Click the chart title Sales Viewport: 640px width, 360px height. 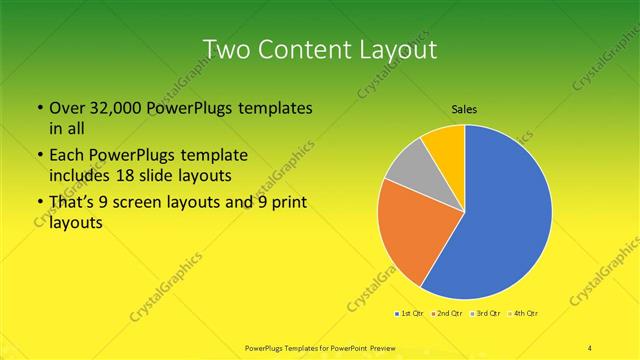(463, 109)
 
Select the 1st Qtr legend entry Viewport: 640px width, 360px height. (408, 314)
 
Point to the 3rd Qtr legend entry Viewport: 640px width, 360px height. (487, 314)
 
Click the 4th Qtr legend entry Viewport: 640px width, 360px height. (526, 314)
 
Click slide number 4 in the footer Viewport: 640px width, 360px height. (590, 347)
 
